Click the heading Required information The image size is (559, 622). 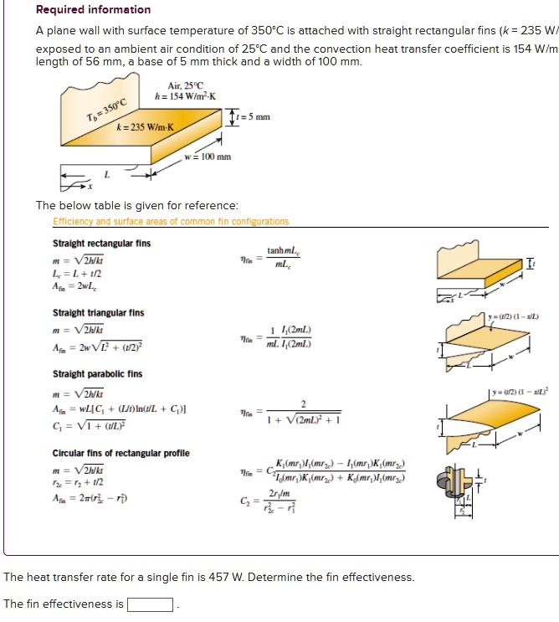[93, 10]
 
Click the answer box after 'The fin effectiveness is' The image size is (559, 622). [151, 604]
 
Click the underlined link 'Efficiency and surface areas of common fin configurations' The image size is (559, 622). [171, 222]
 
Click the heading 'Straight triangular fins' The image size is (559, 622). [98, 313]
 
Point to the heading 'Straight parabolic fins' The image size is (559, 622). [97, 373]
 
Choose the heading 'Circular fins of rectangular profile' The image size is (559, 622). [121, 453]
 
